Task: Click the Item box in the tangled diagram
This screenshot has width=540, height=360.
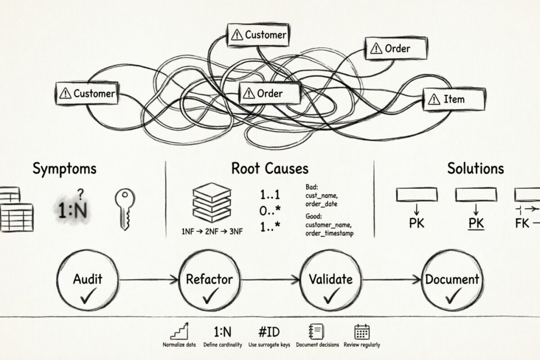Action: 454,99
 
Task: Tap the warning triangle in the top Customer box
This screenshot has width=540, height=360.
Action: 237,34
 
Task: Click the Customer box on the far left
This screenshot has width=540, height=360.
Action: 87,94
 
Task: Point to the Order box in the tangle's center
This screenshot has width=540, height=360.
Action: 269,94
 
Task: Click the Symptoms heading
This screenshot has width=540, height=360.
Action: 64,169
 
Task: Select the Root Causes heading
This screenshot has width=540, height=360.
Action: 270,169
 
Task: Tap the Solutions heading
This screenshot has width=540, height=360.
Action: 475,169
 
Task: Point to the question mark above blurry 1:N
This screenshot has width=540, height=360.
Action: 81,194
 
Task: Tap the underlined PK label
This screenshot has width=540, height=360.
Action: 475,223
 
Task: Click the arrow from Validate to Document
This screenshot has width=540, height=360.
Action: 392,279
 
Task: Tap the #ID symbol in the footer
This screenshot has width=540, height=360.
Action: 269,332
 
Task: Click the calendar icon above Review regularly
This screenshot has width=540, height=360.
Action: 362,332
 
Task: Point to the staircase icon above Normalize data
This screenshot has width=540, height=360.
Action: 179,332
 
